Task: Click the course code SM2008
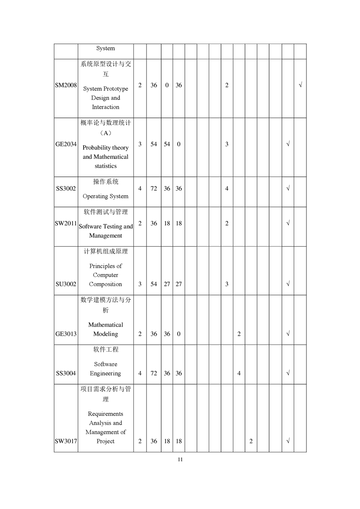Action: click(x=66, y=85)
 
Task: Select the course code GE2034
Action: click(x=66, y=144)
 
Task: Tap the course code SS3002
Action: click(x=66, y=188)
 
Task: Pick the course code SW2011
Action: click(x=66, y=223)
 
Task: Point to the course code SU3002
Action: click(x=66, y=284)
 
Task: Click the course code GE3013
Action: click(x=66, y=334)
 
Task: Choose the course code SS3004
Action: click(x=66, y=373)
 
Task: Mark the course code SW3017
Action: click(x=66, y=441)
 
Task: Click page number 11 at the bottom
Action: click(x=180, y=460)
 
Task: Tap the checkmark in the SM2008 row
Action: click(x=300, y=85)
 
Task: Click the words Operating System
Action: click(x=105, y=196)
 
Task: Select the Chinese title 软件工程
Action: click(x=105, y=350)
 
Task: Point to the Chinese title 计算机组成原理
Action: click(x=105, y=251)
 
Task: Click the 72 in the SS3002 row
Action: click(x=154, y=188)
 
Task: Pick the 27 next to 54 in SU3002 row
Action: click(x=167, y=284)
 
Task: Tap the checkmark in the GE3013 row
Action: click(x=288, y=334)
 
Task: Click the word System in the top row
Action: click(x=105, y=48)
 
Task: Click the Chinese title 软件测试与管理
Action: click(x=105, y=212)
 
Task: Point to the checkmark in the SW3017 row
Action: click(x=288, y=441)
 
